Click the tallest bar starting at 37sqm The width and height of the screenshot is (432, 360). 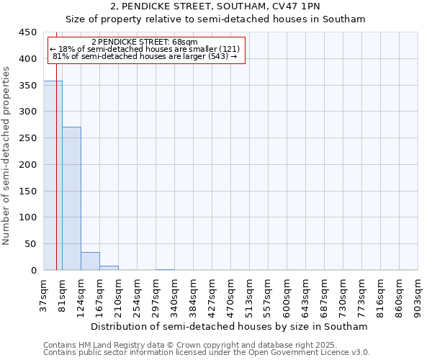click(53, 176)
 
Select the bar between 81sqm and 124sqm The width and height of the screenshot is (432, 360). click(71, 199)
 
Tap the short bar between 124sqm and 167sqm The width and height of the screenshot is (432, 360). click(90, 261)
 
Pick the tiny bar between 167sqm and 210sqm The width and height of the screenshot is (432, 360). click(109, 268)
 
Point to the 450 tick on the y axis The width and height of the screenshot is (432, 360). click(28, 32)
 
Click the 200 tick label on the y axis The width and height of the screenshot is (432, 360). click(28, 165)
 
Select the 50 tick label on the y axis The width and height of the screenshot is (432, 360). click(31, 244)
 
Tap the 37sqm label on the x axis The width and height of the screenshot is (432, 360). click(44, 295)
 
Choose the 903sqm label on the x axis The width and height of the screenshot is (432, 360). click(418, 295)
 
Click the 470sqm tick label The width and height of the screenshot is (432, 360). click(231, 295)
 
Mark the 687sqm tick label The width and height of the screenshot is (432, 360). click(325, 295)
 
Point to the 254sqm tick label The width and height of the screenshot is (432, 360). click(138, 295)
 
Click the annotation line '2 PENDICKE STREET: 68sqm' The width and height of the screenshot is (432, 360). click(150, 42)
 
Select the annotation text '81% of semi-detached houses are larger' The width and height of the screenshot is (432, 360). click(145, 56)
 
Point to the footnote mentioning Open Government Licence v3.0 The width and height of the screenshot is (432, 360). click(207, 353)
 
